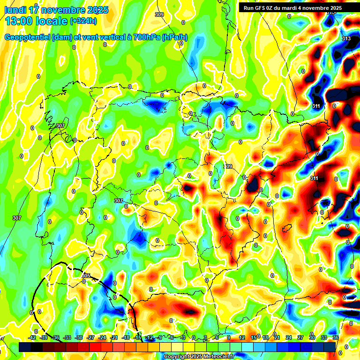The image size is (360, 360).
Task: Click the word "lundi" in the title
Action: click(15, 9)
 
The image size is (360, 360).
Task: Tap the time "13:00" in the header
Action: click(19, 21)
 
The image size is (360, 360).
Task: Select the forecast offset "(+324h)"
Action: click(83, 21)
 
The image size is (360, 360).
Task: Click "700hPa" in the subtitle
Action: click(146, 37)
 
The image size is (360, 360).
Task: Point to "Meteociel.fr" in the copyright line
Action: click(219, 357)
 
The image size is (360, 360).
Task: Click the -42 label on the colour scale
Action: click(32, 337)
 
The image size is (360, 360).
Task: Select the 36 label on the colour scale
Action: click(336, 337)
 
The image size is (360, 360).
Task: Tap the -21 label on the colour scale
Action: click(114, 337)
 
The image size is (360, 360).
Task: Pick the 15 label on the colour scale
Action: click(254, 337)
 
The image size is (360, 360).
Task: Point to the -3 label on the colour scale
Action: click(183, 337)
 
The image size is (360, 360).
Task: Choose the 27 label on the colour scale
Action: click(300, 337)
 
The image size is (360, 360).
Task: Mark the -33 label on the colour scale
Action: click(67, 337)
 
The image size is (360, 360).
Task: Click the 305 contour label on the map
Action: click(86, 276)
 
